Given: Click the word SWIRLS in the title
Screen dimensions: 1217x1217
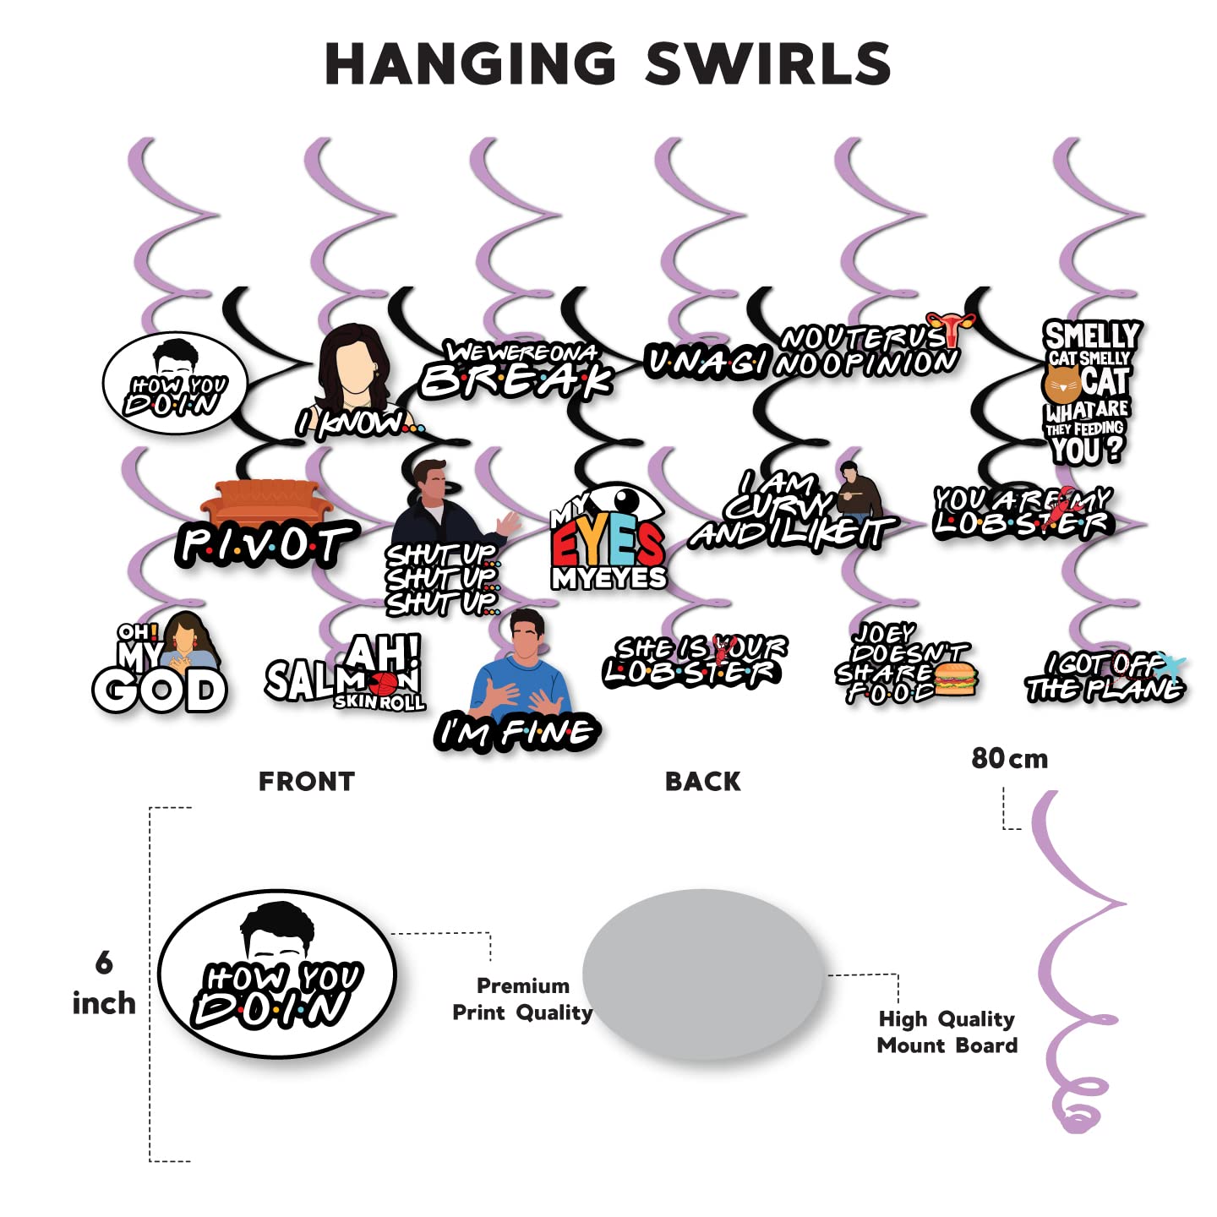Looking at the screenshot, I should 767,64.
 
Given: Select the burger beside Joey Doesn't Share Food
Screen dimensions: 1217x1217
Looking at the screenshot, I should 955,679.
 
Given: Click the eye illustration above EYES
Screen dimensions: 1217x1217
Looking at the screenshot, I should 624,505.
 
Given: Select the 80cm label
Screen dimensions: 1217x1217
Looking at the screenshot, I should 1009,759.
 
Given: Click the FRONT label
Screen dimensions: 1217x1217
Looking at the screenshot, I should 306,782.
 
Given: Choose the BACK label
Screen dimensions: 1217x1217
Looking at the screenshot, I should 702,782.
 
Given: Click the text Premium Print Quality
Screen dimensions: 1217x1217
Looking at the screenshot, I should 522,999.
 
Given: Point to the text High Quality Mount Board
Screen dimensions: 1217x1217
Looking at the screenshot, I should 947,1032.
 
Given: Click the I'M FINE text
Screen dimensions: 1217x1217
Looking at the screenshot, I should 517,732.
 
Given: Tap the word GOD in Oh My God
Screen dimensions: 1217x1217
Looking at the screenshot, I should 161,690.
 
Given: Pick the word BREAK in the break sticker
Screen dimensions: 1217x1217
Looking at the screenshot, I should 516,380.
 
